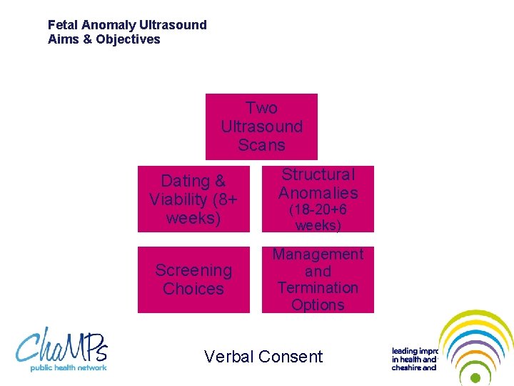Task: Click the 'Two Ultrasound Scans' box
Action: pos(261,127)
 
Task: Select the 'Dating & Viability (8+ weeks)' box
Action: pos(193,199)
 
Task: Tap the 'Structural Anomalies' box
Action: pos(318,199)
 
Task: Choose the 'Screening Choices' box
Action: pos(193,279)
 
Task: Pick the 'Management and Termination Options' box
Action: pos(318,279)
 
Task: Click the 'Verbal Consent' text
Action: pos(263,356)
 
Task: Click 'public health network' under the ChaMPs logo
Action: pos(68,367)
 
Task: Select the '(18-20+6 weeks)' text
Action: pos(318,218)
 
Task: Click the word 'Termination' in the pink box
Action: pos(318,287)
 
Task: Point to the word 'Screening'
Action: pos(193,270)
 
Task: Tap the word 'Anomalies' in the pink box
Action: pos(318,193)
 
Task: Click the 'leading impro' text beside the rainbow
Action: pos(414,351)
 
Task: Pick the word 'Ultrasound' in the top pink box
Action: pos(261,127)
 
